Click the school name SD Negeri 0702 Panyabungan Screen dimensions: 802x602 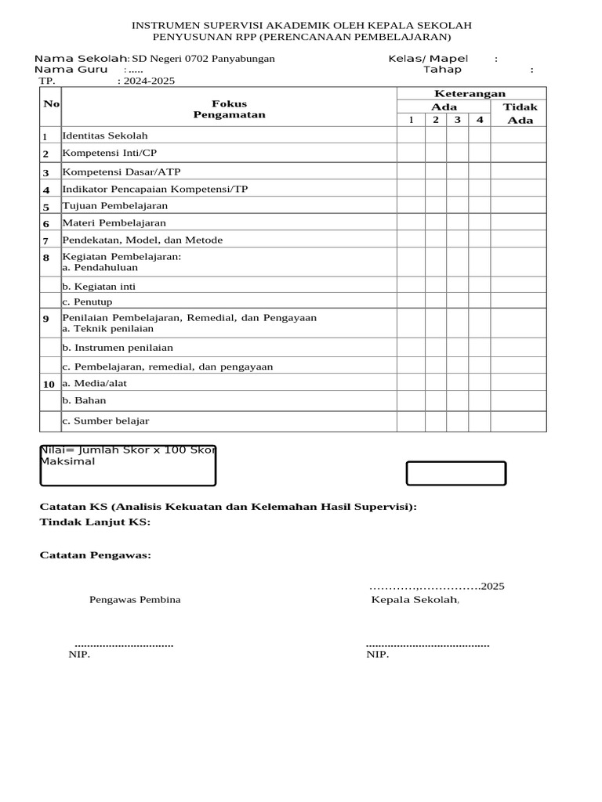(203, 60)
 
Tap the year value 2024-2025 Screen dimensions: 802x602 (149, 81)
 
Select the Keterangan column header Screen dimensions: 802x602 (470, 94)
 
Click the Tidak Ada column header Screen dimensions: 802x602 (519, 113)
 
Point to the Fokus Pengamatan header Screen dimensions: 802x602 (229, 109)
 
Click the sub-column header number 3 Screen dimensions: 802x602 (457, 120)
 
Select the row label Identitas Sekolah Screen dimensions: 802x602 (105, 136)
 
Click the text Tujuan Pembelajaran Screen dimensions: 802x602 (115, 206)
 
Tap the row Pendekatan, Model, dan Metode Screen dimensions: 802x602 (143, 240)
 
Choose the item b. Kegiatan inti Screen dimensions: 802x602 (99, 287)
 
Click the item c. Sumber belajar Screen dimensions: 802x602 (106, 421)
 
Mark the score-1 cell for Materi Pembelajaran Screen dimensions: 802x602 (411, 223)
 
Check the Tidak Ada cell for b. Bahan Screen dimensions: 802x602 (518, 401)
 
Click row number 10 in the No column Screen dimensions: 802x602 (49, 384)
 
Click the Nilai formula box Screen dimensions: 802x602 (128, 465)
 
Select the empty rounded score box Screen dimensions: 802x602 (455, 474)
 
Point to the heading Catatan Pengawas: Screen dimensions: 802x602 (96, 555)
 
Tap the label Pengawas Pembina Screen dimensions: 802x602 (135, 600)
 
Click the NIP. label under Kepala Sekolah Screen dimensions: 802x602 (378, 655)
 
